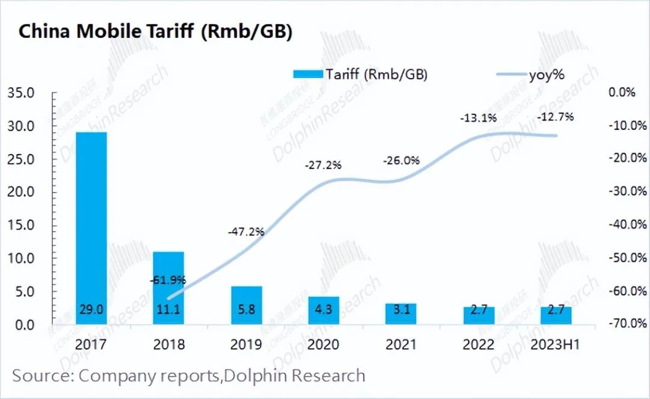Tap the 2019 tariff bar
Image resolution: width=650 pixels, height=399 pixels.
(x=246, y=305)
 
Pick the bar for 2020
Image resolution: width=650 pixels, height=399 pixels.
(x=323, y=310)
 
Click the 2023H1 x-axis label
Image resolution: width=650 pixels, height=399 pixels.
(x=556, y=344)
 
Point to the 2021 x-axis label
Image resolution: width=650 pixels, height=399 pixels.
(x=401, y=344)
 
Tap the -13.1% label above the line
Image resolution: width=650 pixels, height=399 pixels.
(x=478, y=118)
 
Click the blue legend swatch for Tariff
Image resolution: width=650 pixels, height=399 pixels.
(x=308, y=74)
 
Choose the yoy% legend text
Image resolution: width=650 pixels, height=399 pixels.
(x=547, y=74)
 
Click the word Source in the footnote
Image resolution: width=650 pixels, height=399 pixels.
(x=41, y=376)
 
